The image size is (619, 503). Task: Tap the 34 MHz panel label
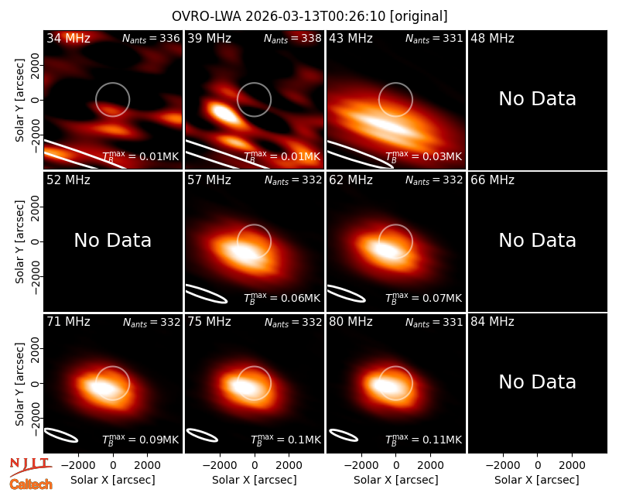pos(68,38)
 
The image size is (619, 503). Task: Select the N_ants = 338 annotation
pos(292,38)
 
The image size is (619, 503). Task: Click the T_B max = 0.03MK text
pos(423,156)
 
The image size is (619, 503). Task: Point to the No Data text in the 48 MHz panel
pos(537,99)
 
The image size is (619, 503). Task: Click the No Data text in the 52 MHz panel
pos(112,241)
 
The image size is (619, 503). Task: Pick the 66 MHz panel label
pos(492,180)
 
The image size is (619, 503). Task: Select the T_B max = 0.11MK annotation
pos(423,440)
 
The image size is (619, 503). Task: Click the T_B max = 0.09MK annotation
pos(141,440)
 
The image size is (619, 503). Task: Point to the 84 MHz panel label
pos(492,322)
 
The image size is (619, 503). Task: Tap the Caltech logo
pos(31,484)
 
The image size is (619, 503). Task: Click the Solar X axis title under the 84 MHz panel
pos(537,480)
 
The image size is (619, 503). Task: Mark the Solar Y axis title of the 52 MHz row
pos(20,241)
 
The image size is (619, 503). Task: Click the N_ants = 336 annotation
pos(151,38)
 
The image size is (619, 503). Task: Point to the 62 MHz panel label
pos(351,180)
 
